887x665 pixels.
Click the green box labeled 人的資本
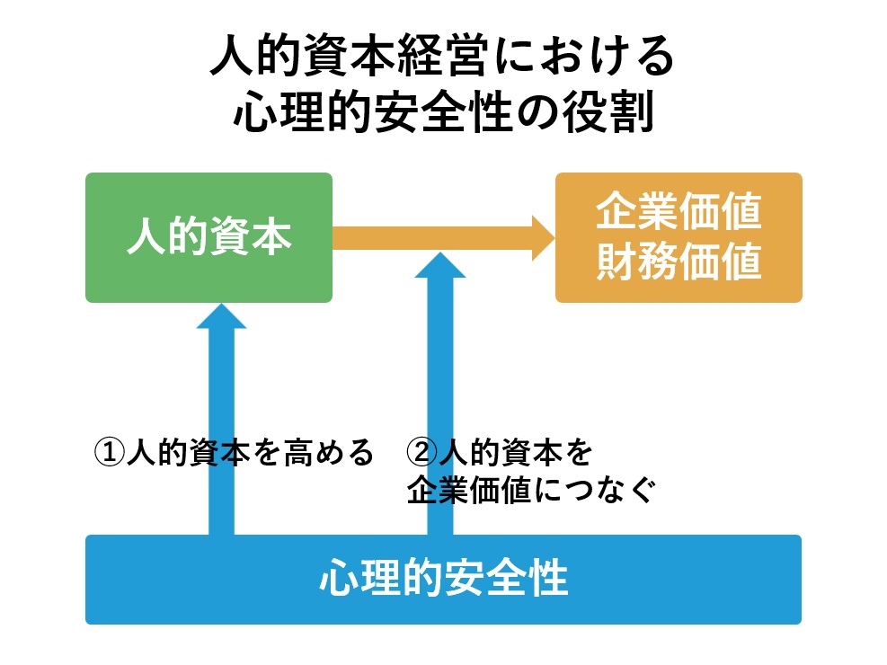[x=208, y=237]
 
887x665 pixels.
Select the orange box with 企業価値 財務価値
[x=679, y=237]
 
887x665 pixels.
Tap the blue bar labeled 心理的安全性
[x=444, y=580]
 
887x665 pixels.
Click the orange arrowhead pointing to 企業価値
[x=543, y=238]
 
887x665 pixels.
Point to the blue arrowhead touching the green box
[x=221, y=316]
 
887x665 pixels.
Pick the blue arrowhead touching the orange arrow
[x=440, y=266]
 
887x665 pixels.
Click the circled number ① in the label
[x=109, y=452]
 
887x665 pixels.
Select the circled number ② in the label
[x=422, y=452]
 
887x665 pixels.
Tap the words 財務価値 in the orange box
[x=679, y=262]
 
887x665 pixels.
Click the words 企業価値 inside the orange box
[x=679, y=211]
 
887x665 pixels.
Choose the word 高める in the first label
[x=329, y=452]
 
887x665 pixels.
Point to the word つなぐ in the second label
[x=610, y=490]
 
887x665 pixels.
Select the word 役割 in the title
[x=608, y=111]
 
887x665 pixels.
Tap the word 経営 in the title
[x=444, y=57]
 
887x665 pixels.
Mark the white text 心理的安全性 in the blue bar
[x=444, y=578]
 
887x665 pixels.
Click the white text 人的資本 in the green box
[x=208, y=237]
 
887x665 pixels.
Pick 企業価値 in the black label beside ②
[x=468, y=490]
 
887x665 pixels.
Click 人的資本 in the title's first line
[x=303, y=57]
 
